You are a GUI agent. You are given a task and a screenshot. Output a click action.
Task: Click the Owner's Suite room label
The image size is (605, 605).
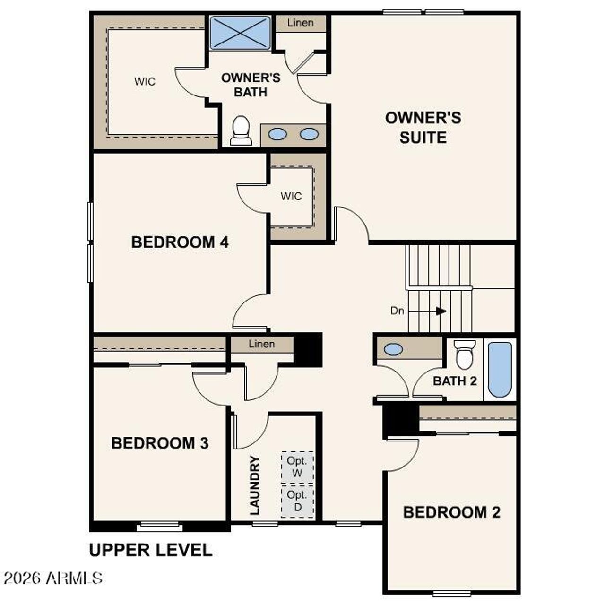(x=423, y=128)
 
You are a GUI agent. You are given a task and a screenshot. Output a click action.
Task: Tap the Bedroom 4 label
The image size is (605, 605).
(x=180, y=242)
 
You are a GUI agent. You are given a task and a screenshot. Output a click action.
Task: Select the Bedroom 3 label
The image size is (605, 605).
(x=160, y=443)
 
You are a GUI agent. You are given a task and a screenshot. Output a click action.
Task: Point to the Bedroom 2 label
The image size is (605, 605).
(x=451, y=512)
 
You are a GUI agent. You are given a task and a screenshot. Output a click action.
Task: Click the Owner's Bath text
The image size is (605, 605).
(x=251, y=85)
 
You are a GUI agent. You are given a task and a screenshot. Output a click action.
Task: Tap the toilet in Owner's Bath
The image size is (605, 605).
(x=241, y=130)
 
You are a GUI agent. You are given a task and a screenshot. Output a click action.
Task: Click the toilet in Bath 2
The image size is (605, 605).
(x=465, y=355)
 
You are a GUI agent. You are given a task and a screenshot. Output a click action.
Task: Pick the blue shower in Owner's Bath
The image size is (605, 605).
(x=240, y=33)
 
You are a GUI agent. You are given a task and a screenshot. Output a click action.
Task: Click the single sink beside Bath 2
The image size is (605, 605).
(x=393, y=349)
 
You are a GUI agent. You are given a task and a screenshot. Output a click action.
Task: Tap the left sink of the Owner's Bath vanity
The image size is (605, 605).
(x=277, y=134)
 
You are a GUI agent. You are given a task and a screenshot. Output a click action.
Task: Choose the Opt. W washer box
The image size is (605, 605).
(x=297, y=467)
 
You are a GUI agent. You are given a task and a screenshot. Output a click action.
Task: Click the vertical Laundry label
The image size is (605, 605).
(x=255, y=485)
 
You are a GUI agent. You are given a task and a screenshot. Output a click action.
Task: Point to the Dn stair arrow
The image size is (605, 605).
(x=441, y=311)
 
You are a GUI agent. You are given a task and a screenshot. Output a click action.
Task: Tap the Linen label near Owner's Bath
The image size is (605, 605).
(x=300, y=23)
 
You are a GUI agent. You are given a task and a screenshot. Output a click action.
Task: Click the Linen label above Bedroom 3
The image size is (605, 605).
(x=261, y=344)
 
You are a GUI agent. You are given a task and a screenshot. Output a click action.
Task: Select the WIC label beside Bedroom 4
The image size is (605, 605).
(x=291, y=196)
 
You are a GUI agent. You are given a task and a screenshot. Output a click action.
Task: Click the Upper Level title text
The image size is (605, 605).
(x=151, y=550)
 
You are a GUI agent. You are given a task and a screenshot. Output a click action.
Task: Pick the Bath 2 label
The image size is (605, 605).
(x=455, y=380)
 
